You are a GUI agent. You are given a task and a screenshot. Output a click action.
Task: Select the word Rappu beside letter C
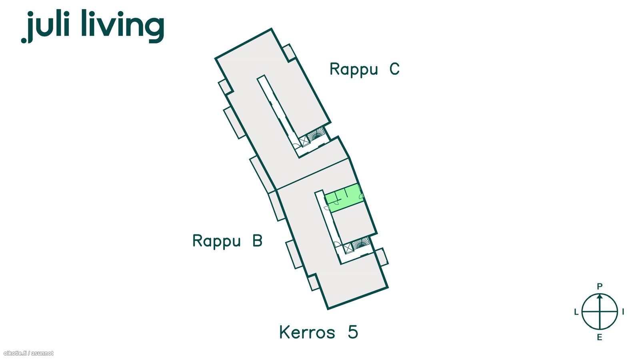click(354, 70)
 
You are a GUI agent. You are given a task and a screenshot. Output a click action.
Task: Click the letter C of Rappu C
click(394, 69)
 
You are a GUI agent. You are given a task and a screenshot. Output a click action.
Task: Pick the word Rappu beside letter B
click(216, 241)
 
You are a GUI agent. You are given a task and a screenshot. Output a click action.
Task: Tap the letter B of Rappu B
click(257, 240)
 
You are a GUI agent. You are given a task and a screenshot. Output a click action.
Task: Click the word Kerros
click(307, 332)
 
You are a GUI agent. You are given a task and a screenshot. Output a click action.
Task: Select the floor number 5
click(353, 332)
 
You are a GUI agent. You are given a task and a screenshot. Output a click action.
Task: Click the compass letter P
click(600, 286)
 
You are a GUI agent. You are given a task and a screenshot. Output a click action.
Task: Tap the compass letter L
click(576, 312)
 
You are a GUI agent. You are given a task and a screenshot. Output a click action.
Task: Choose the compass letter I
click(623, 312)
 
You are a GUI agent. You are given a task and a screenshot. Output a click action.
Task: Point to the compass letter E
click(600, 338)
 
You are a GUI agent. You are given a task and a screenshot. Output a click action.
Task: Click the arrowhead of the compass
click(600, 296)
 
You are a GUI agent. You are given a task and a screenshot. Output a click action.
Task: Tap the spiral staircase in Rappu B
click(360, 244)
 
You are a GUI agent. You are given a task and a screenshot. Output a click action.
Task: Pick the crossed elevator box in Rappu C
click(304, 141)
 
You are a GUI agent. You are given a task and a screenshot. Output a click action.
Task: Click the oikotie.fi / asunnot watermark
click(28, 354)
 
